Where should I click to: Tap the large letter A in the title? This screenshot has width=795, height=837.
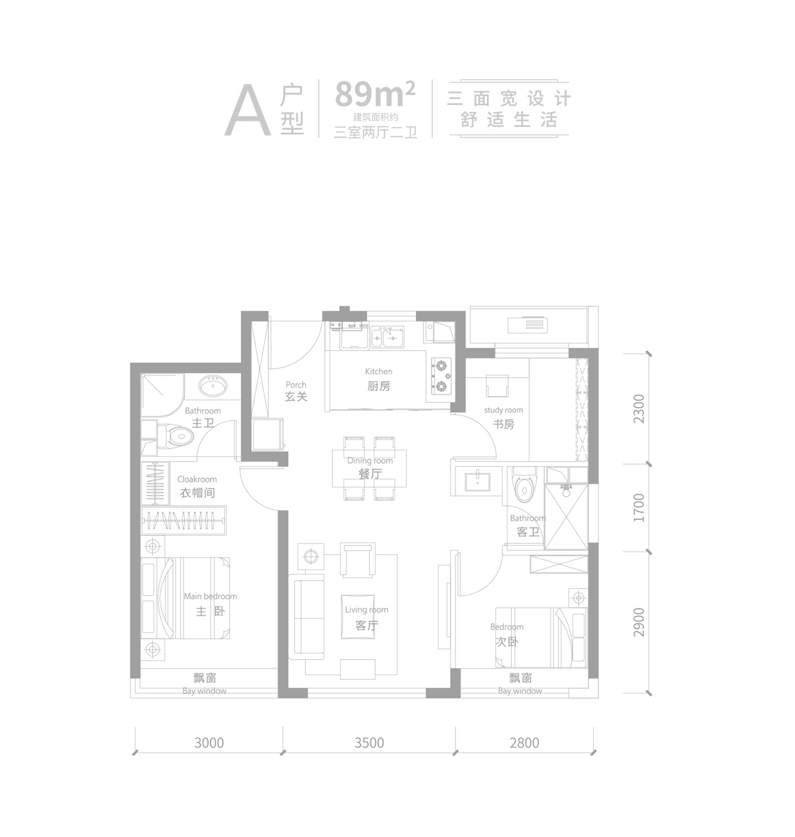248,110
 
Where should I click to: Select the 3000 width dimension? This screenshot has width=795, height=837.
209,743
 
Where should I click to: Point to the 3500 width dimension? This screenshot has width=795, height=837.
369,743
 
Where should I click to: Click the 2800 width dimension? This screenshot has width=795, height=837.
524,743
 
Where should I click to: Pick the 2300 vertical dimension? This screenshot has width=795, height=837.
639,408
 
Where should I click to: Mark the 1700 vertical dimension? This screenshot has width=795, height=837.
639,507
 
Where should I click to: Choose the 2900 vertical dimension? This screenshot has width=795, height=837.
639,622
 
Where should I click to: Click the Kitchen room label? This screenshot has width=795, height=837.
378,372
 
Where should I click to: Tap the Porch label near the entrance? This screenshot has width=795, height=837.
296,385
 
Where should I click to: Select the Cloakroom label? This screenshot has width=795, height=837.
197,479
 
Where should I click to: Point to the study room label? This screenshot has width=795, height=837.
503,410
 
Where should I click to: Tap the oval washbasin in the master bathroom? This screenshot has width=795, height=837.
212,387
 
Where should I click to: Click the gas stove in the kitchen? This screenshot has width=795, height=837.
441,376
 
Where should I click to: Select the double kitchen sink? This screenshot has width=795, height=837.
387,337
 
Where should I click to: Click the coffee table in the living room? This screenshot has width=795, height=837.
358,616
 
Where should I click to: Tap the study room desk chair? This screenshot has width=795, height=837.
497,385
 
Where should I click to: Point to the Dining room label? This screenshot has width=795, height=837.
370,460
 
